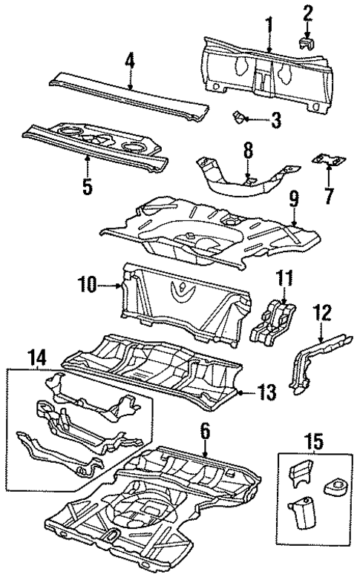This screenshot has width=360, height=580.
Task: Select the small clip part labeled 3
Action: (x=240, y=115)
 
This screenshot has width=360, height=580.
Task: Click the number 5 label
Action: (x=87, y=185)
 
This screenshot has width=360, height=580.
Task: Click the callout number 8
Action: (x=249, y=152)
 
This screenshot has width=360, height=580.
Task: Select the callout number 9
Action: (x=293, y=198)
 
